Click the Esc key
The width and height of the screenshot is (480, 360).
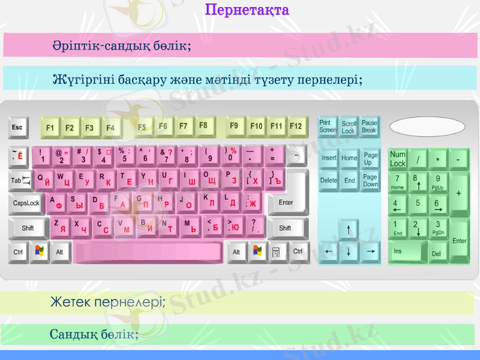coord(17,128)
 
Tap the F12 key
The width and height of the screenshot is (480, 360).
coord(296,127)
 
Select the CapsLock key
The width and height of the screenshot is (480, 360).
coord(26,203)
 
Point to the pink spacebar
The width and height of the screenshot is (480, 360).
coord(148,253)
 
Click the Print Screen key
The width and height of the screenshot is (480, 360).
coord(328,127)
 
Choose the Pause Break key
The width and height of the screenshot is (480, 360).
coord(370,127)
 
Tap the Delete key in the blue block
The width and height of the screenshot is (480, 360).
coord(329,181)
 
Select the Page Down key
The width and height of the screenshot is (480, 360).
coord(370,181)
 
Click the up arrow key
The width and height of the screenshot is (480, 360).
coord(349,229)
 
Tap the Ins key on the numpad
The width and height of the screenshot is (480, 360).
coord(407,251)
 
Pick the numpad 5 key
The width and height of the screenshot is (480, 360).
coord(418,204)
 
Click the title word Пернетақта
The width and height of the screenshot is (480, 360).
coord(247,10)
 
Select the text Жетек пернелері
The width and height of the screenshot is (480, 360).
coord(107,302)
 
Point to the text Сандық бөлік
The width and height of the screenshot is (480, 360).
coord(94,334)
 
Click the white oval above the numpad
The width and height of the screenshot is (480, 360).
coord(427,127)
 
